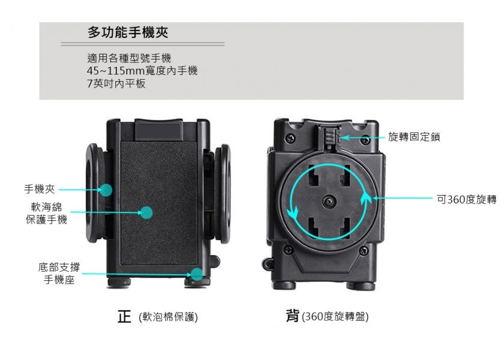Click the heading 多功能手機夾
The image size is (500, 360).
(x=128, y=32)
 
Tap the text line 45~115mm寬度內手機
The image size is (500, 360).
(x=142, y=70)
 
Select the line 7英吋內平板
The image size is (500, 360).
(x=116, y=83)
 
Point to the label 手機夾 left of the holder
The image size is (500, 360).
(x=40, y=189)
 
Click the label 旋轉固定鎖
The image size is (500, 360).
(x=414, y=137)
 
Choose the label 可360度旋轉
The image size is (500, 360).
(x=466, y=199)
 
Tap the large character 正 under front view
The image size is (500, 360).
(x=124, y=316)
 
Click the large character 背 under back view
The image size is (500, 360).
(x=293, y=316)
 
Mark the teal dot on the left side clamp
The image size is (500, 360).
(x=106, y=190)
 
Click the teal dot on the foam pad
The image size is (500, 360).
(x=146, y=212)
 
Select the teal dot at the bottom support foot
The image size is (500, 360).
(x=197, y=274)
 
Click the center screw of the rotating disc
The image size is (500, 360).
(x=329, y=202)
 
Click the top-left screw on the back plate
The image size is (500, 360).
(x=290, y=139)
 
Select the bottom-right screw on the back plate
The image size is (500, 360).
(x=364, y=250)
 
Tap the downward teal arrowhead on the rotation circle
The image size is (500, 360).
(x=292, y=213)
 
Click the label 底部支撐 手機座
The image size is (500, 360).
(x=59, y=273)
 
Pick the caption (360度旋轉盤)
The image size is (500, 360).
(x=335, y=317)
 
